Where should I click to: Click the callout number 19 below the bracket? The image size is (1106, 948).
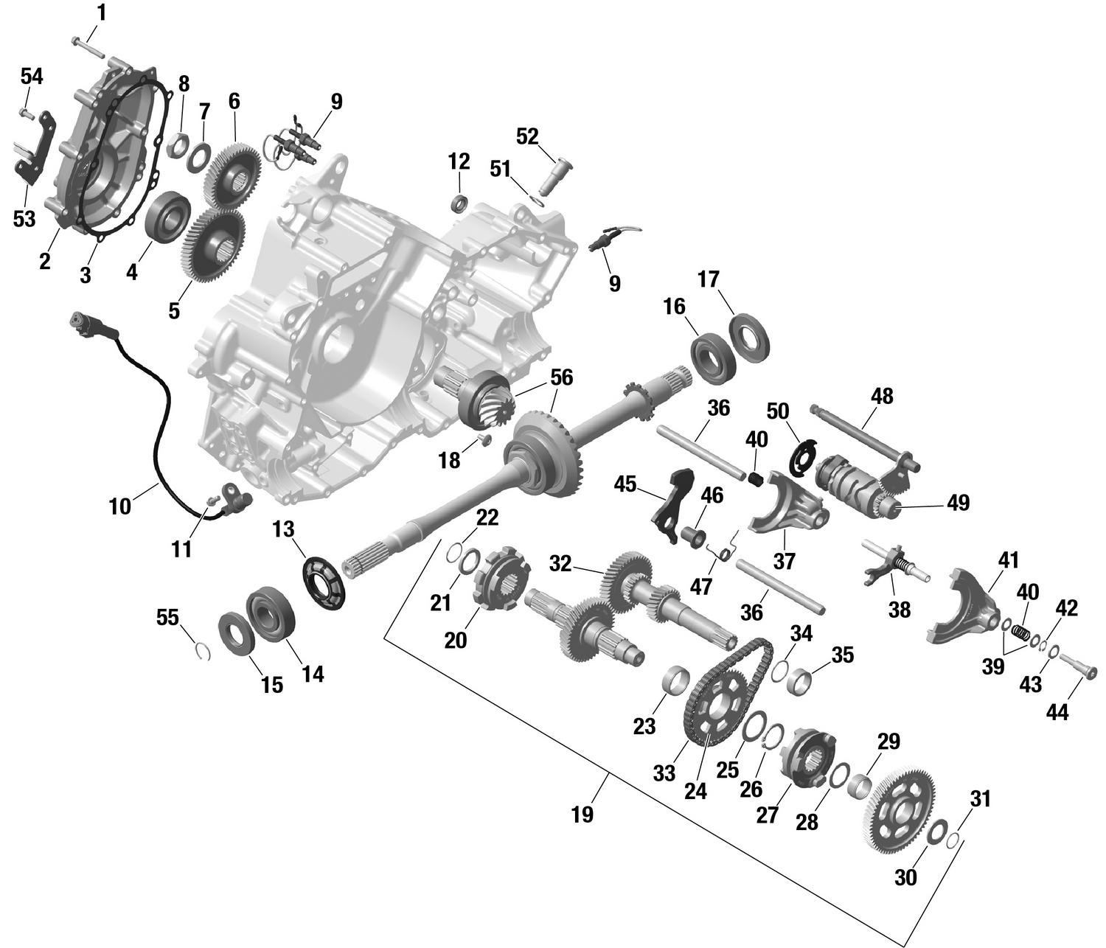(582, 815)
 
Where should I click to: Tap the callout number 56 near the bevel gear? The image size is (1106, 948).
(561, 377)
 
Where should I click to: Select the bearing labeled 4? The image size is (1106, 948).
(168, 215)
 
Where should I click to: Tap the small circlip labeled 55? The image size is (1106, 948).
(203, 651)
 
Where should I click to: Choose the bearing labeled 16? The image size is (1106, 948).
(713, 358)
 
